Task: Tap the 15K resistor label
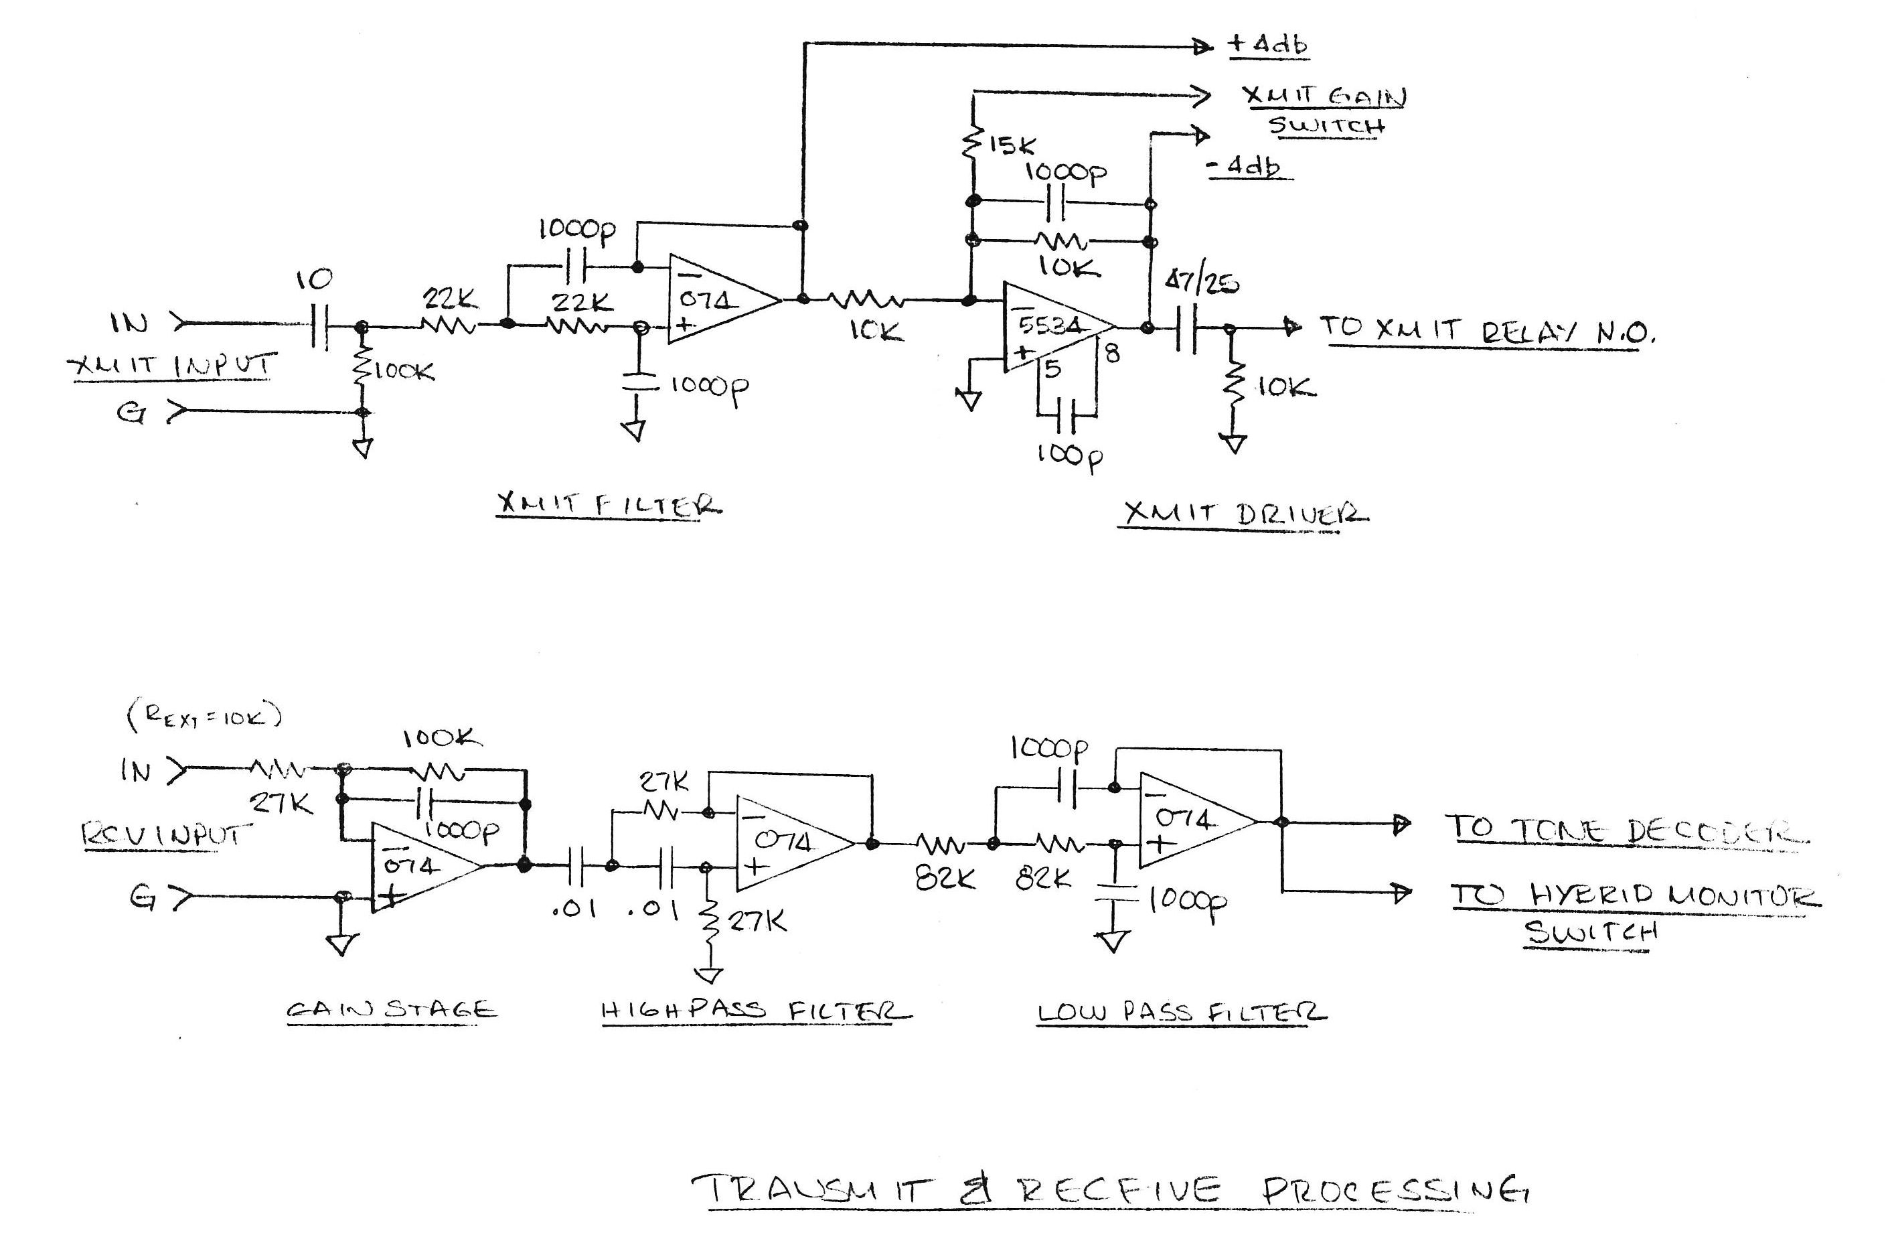pos(1012,145)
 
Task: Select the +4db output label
pos(1267,45)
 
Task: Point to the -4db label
pos(1250,167)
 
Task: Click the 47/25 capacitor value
pos(1201,283)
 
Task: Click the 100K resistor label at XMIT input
pos(404,371)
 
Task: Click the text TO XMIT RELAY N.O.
pos(1488,330)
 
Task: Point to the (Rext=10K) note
pos(204,716)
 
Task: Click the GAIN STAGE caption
pos(391,1009)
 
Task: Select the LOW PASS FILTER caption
pos(1180,1013)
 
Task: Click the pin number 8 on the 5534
pos(1112,353)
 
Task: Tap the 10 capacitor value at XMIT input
pos(313,280)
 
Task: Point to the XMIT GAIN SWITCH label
pos(1325,110)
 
